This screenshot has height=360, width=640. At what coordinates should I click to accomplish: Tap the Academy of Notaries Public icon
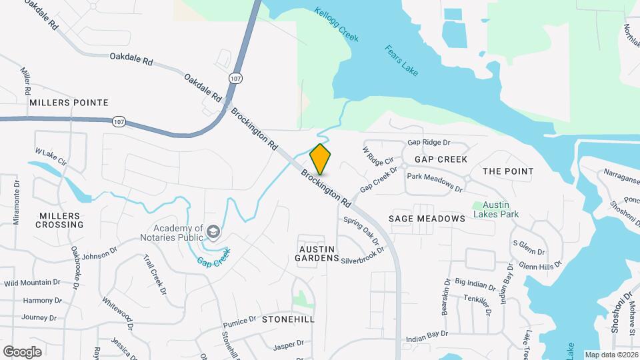(213, 231)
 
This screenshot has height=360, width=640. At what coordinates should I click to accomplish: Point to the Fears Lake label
(401, 60)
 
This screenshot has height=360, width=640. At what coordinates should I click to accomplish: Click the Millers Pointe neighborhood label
(69, 103)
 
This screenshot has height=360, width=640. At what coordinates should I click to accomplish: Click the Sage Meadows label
(427, 219)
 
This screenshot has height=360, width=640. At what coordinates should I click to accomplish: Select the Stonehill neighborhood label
(288, 319)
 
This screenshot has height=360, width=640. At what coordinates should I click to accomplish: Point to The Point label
(508, 171)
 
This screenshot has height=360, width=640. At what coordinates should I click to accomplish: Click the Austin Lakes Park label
(496, 209)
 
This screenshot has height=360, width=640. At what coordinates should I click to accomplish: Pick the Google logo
(22, 351)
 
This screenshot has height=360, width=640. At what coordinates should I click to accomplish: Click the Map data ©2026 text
(611, 355)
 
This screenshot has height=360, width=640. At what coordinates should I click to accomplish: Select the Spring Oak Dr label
(361, 231)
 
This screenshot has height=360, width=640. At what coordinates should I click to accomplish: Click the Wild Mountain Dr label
(32, 283)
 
